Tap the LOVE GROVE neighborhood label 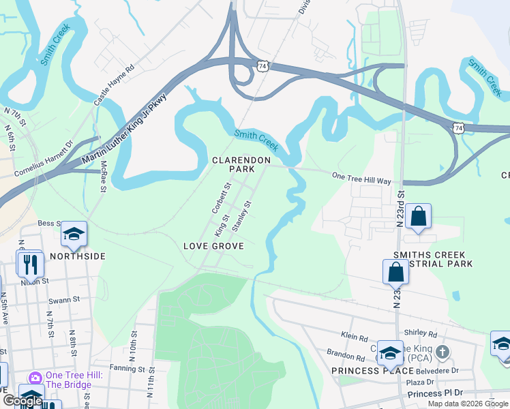tap(213, 245)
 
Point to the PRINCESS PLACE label tap(372, 371)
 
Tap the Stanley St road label tap(242, 215)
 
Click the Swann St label tap(64, 299)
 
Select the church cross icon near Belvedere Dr tap(442, 352)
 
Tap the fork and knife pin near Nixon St tap(31, 264)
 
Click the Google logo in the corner tap(22, 401)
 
